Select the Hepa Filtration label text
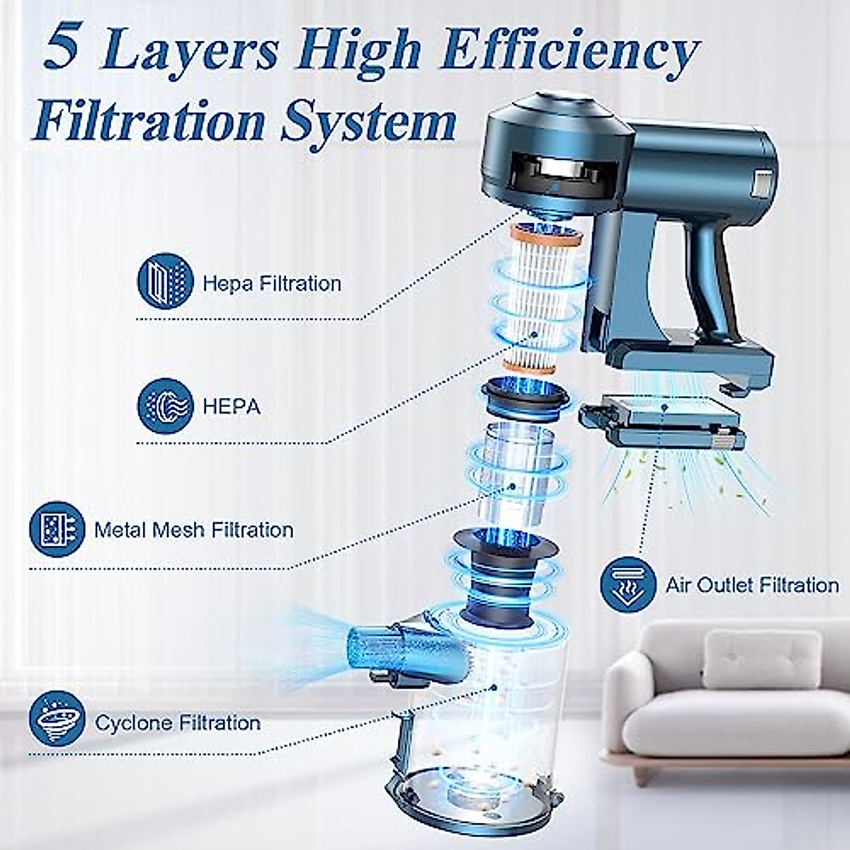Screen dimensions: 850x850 point(272,284)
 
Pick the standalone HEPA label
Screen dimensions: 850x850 point(231,407)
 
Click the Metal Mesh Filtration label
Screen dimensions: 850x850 point(193,530)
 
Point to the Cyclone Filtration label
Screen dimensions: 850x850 point(178,723)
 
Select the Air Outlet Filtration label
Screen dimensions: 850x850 point(752,585)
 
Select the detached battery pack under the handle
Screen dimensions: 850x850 point(662,425)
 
